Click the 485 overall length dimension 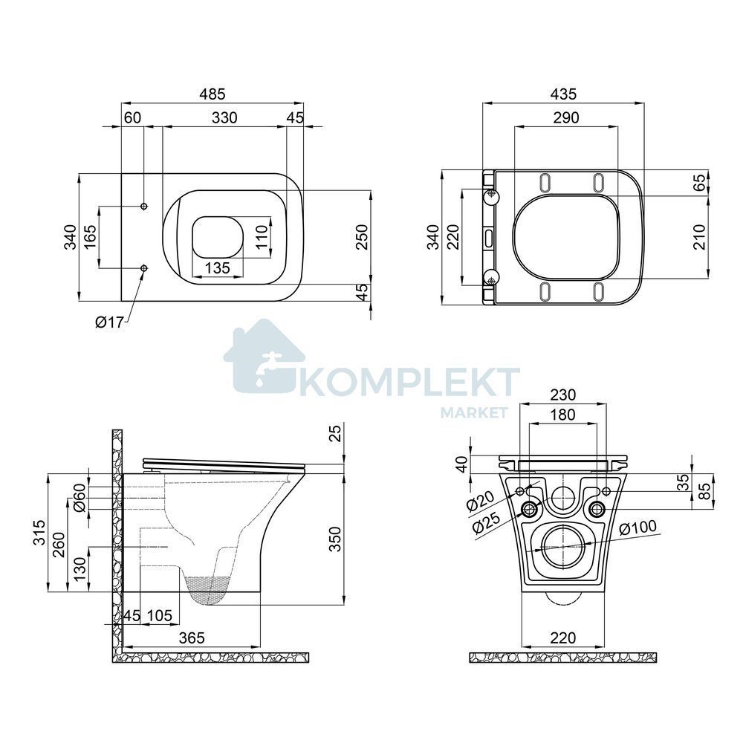212,94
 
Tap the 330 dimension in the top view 224,117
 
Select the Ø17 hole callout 109,322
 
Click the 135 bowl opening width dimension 218,267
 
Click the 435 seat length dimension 564,94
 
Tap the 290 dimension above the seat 566,117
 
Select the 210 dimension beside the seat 699,237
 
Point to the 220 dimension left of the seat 453,237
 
